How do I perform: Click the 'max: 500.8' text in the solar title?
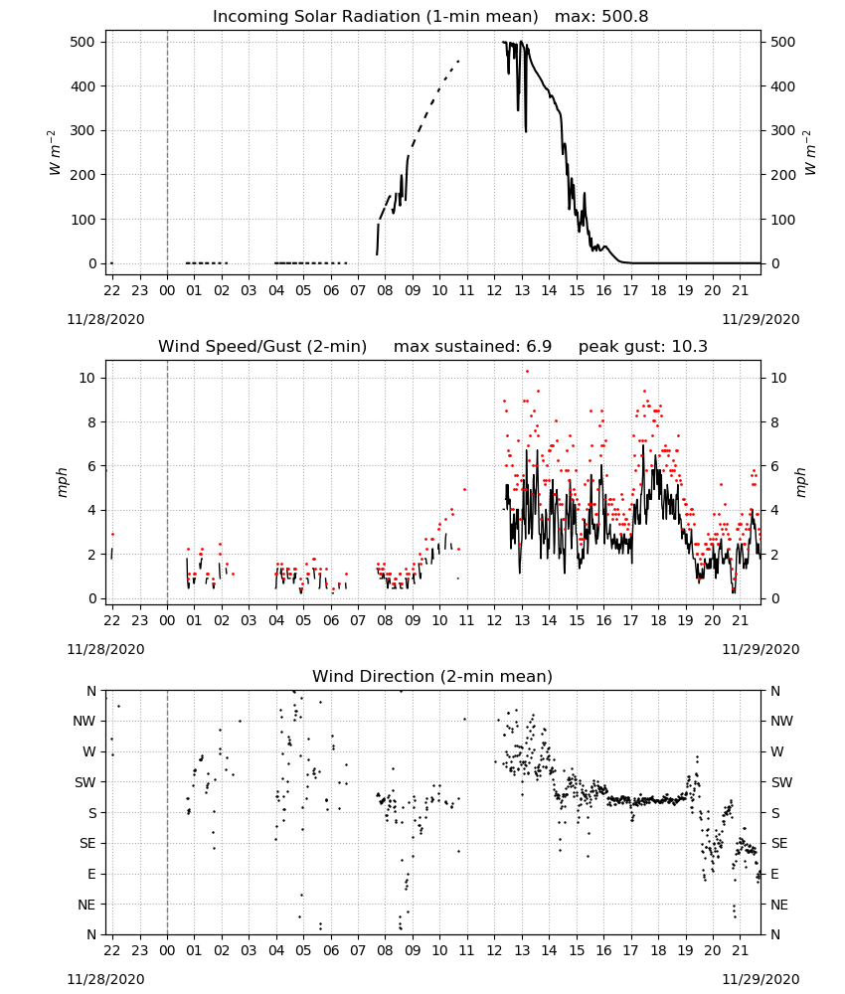pos(601,16)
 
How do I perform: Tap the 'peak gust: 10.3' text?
pos(642,346)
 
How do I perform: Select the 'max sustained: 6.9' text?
pos(472,346)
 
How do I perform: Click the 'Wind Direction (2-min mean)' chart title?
pos(432,676)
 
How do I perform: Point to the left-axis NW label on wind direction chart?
pos(84,721)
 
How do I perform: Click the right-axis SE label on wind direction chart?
pos(779,843)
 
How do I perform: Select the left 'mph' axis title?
pos(62,482)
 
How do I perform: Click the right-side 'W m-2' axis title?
pos(810,153)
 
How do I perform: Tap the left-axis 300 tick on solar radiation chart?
pos(84,130)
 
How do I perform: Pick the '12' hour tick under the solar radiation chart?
pos(494,290)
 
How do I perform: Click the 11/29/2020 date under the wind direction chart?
pos(760,979)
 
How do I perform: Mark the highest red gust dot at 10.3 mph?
pos(527,372)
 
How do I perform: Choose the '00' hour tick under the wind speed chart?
pos(167,620)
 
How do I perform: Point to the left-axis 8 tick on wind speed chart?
pos(91,422)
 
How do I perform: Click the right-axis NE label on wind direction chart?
pos(779,905)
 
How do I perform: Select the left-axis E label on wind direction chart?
pos(91,874)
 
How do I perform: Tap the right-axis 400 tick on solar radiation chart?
pos(783,86)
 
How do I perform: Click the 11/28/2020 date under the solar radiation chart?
pos(105,319)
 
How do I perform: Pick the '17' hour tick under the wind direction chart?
pos(630,950)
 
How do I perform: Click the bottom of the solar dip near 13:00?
pos(526,131)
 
